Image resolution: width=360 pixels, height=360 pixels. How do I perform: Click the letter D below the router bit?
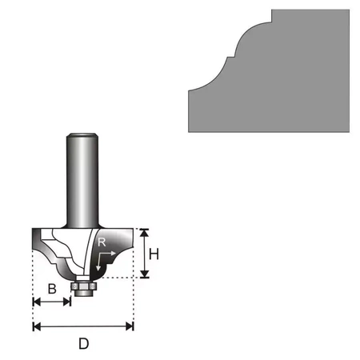[x=83, y=345]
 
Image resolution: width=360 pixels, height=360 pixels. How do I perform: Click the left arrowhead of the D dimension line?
[x=36, y=326]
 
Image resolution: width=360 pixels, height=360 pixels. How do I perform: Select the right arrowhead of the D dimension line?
[x=130, y=326]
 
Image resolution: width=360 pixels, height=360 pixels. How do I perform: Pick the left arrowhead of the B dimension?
[x=36, y=302]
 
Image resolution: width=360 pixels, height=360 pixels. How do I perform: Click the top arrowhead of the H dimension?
[x=144, y=233]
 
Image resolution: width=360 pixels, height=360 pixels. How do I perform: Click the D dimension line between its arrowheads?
[x=83, y=326]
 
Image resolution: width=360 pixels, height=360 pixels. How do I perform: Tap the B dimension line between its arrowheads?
[x=52, y=302]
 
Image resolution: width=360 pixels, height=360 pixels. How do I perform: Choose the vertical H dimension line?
[x=144, y=253]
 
